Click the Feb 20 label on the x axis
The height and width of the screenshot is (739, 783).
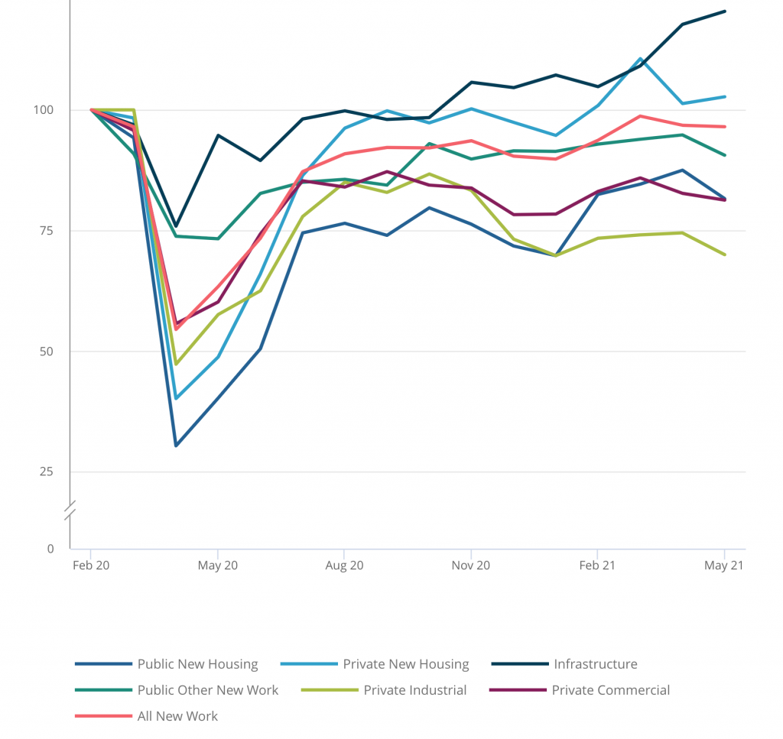coord(91,566)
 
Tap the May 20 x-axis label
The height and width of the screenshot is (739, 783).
coord(218,566)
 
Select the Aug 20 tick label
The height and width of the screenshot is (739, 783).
coord(344,566)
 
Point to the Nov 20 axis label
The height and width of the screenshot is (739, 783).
coord(471,566)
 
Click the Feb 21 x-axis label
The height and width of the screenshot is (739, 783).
coord(597,566)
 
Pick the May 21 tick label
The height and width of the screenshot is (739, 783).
coord(724,566)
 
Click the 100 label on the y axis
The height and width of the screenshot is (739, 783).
coord(44,110)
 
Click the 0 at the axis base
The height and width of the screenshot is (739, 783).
coord(50,549)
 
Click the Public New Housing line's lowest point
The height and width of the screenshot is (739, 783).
coord(176,445)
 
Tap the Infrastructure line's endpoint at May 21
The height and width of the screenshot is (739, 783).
coord(724,11)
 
